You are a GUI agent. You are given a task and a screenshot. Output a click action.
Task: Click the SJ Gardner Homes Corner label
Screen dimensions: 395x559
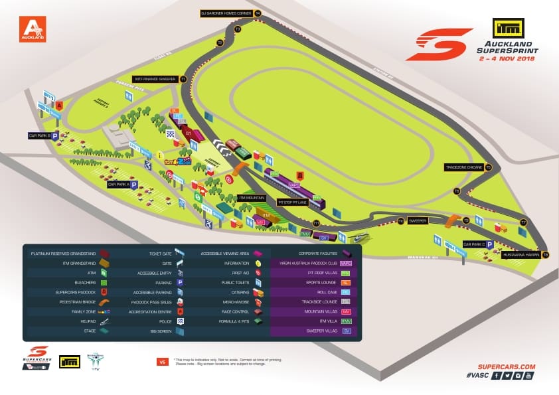click(x=226, y=13)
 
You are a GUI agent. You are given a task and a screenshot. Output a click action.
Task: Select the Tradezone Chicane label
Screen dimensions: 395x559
click(x=464, y=168)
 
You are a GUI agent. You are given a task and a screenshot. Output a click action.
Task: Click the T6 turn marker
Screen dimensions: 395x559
click(x=457, y=191)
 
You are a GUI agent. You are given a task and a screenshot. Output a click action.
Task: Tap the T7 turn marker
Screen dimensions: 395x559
click(x=523, y=222)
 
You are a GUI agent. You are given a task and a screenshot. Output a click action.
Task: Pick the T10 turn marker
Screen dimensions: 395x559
click(x=400, y=221)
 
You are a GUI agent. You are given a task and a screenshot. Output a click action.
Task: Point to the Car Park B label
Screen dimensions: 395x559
click(x=41, y=135)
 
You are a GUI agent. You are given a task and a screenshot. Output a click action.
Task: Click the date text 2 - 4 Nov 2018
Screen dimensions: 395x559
click(x=507, y=58)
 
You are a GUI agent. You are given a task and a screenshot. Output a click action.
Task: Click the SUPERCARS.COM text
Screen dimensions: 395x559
click(x=506, y=366)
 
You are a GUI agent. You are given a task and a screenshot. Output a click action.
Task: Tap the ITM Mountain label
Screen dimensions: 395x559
click(x=251, y=198)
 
